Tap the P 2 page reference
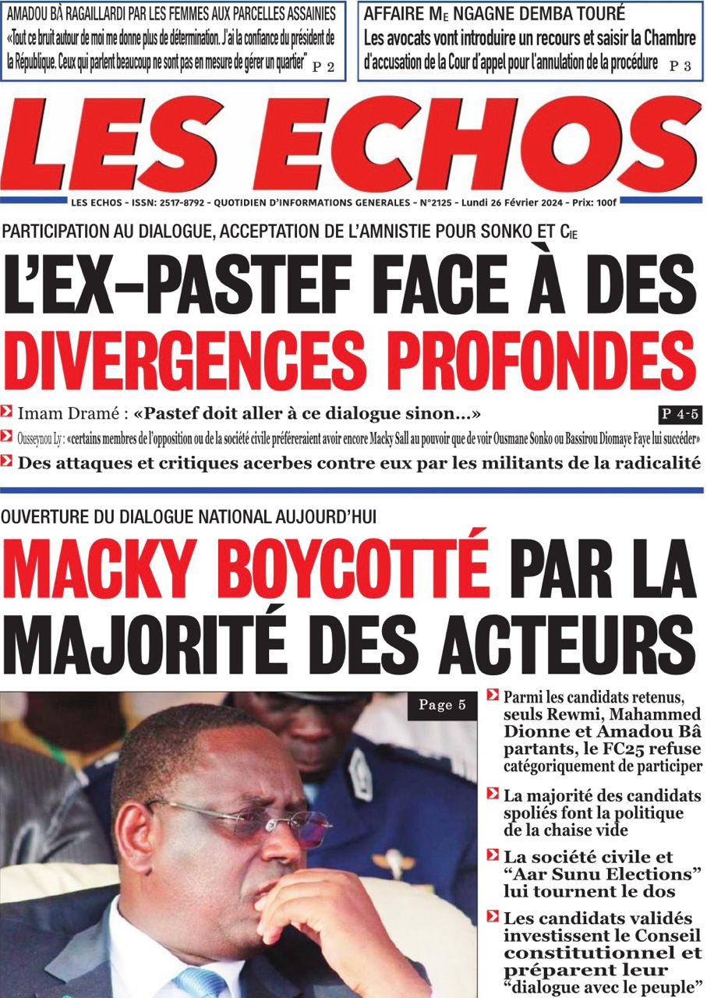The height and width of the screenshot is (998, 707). click(x=323, y=68)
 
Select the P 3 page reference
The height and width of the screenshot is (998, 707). click(x=680, y=67)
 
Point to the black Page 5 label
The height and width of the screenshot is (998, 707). click(x=442, y=706)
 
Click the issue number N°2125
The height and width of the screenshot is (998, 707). click(x=433, y=203)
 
